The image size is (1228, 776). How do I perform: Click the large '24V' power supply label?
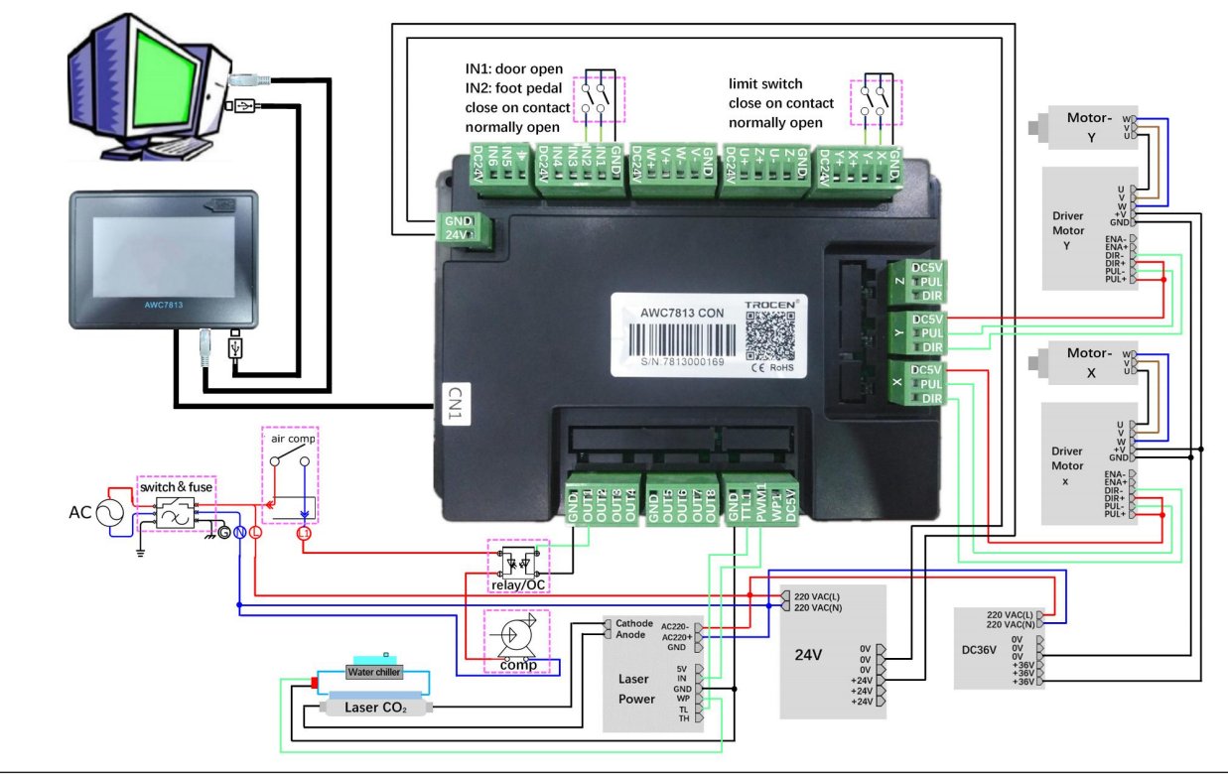click(809, 654)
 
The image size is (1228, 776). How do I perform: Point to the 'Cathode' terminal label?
click(634, 623)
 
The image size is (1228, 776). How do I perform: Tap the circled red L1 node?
click(305, 534)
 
